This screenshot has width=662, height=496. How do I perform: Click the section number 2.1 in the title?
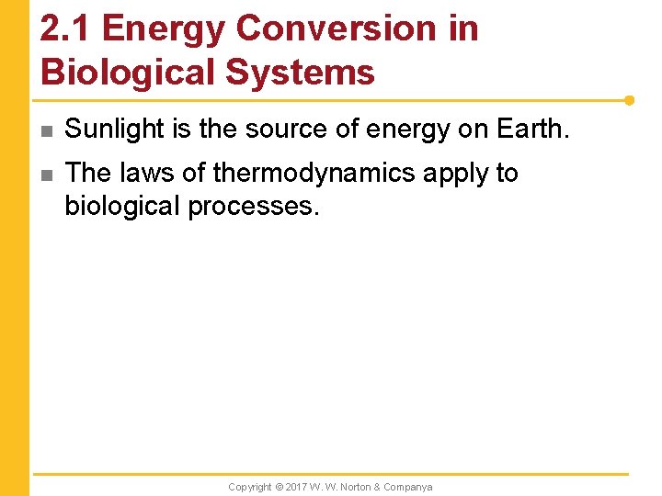pos(65,28)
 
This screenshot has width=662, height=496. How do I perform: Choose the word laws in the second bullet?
pos(151,173)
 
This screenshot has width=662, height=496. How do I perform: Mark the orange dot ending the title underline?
pos(629,100)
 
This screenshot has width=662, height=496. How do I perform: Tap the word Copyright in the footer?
pos(250,487)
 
